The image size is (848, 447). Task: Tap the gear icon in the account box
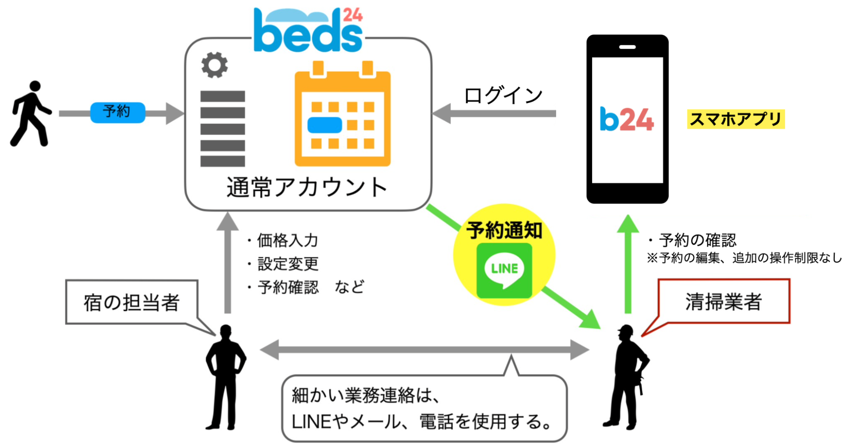215,65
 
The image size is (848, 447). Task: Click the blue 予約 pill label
118,112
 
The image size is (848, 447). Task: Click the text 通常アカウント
307,187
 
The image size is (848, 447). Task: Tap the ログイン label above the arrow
503,95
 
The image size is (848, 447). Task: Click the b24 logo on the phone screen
627,119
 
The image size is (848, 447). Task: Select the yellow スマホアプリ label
736,119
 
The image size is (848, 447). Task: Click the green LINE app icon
504,270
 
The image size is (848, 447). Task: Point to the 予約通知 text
504,230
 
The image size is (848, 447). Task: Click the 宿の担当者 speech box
132,302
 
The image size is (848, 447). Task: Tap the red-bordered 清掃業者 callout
723,301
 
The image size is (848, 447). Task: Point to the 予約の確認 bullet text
697,240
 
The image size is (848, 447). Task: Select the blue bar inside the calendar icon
325,125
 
